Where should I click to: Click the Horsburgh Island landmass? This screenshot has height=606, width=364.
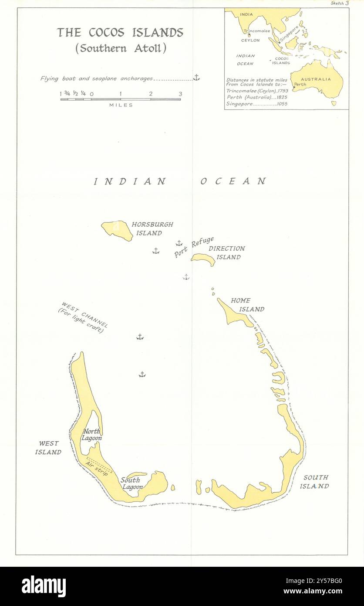tap(117, 230)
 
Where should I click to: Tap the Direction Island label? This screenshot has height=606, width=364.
tap(226, 253)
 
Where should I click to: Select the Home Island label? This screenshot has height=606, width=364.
tap(247, 305)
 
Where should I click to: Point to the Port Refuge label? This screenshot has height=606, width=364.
tap(194, 247)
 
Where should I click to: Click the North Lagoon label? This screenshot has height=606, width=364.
tap(92, 435)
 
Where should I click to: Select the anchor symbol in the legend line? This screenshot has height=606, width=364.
tap(196, 78)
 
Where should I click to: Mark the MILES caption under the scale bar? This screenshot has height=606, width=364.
tap(121, 105)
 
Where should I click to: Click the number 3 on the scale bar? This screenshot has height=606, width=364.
tap(180, 94)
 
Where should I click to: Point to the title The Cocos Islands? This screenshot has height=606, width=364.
tap(120, 33)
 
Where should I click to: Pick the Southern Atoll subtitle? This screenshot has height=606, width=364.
tap(121, 48)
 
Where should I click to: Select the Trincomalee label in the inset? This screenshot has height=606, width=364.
tap(257, 31)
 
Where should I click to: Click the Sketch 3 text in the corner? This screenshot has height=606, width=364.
tap(339, 3)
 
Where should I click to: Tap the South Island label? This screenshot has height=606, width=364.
tap(316, 482)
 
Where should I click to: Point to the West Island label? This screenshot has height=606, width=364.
tap(48, 448)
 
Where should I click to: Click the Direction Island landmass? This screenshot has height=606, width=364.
tap(204, 259)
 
